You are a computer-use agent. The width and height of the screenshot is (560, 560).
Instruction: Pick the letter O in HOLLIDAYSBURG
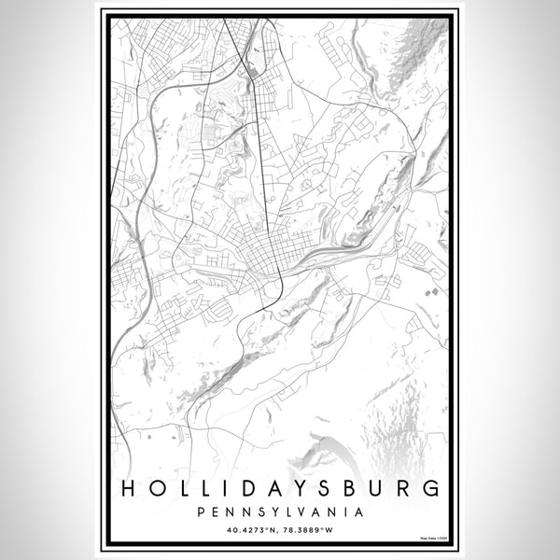[157, 488]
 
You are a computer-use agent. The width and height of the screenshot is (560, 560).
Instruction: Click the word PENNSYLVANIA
[280, 511]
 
